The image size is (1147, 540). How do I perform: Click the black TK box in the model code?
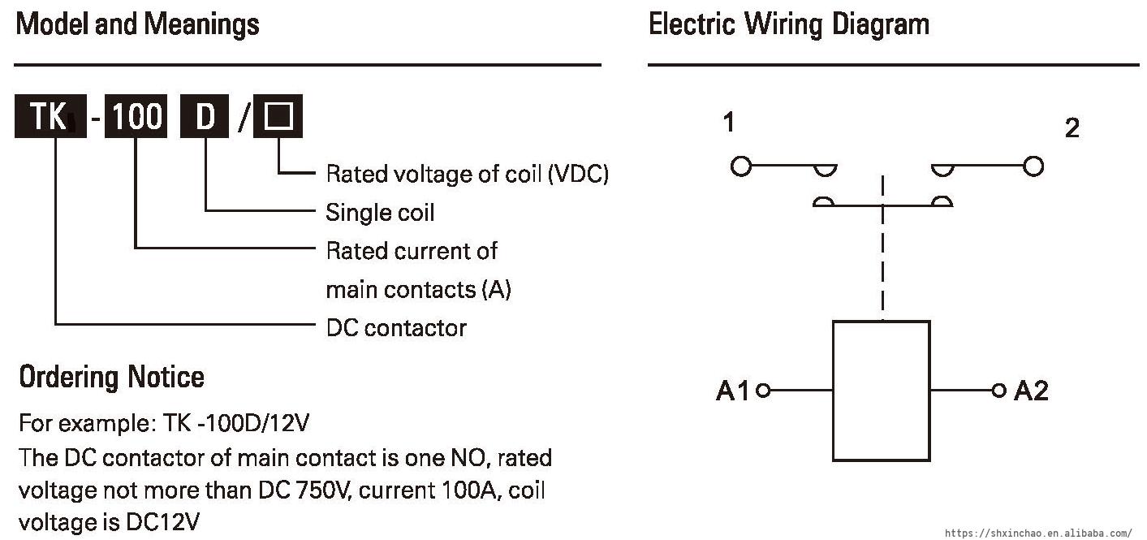(50, 118)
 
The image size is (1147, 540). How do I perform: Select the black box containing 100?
(136, 118)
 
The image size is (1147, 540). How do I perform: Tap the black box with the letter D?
(206, 118)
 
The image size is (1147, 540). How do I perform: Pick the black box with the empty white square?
(278, 118)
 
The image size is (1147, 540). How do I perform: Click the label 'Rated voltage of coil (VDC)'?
(467, 174)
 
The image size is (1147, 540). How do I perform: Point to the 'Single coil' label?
(380, 213)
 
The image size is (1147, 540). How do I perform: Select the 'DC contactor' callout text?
(396, 328)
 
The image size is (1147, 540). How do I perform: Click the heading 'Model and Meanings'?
(138, 24)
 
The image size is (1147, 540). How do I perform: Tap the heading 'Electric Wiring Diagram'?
(789, 24)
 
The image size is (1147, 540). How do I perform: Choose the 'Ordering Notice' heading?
(111, 377)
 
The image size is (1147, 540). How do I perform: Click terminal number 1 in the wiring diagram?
(729, 123)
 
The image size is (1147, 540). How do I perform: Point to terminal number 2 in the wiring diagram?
(1072, 128)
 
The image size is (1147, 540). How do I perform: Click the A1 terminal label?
(733, 391)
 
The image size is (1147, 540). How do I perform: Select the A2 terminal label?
(1031, 391)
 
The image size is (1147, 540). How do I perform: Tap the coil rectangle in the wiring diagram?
(882, 391)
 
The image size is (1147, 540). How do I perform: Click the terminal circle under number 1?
(740, 166)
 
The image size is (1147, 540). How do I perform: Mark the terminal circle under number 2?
(1033, 166)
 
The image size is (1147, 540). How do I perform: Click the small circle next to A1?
(762, 391)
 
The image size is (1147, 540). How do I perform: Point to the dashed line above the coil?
(882, 260)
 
